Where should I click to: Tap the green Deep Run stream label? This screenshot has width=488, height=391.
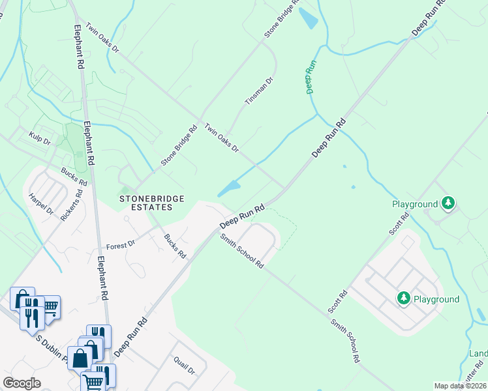(312, 77)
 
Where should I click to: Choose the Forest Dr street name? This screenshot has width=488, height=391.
(120, 245)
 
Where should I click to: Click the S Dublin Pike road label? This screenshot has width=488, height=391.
(52, 340)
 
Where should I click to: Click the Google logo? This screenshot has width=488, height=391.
(22, 383)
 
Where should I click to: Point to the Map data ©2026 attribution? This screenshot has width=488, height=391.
(460, 386)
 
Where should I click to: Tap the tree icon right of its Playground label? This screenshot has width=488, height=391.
(448, 204)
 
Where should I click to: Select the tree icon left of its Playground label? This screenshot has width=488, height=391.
(404, 299)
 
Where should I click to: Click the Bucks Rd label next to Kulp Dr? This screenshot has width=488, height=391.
(74, 176)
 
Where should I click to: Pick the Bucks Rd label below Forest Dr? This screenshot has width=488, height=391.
(175, 246)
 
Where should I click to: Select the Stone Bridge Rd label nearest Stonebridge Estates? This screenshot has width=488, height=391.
(179, 146)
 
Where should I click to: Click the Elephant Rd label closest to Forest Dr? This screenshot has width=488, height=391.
(102, 278)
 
